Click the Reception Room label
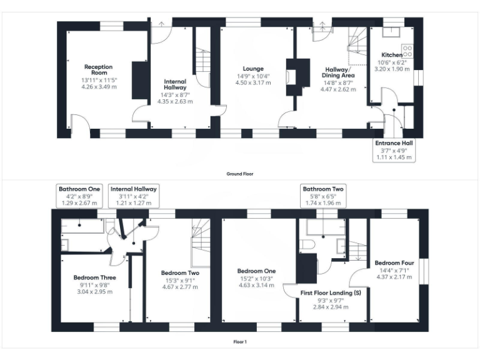click(99, 69)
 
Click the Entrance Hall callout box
click(394, 150)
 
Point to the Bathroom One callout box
click(79, 195)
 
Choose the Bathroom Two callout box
click(323, 195)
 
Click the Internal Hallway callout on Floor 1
click(133, 195)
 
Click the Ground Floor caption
click(239, 174)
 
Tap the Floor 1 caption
click(240, 342)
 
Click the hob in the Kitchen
click(407, 50)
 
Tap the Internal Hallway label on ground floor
click(175, 85)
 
